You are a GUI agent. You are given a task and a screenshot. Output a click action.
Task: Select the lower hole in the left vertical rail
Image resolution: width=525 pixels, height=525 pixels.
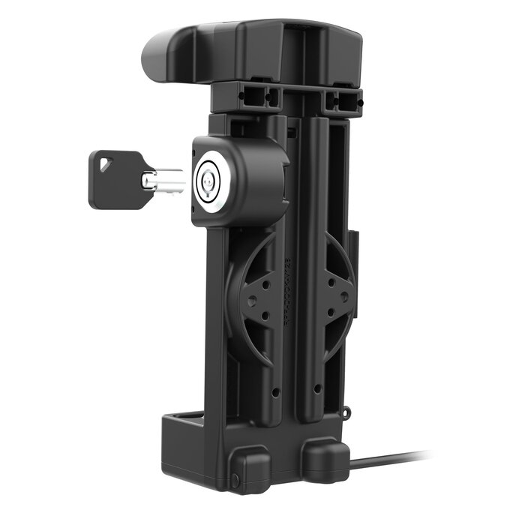276,391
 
